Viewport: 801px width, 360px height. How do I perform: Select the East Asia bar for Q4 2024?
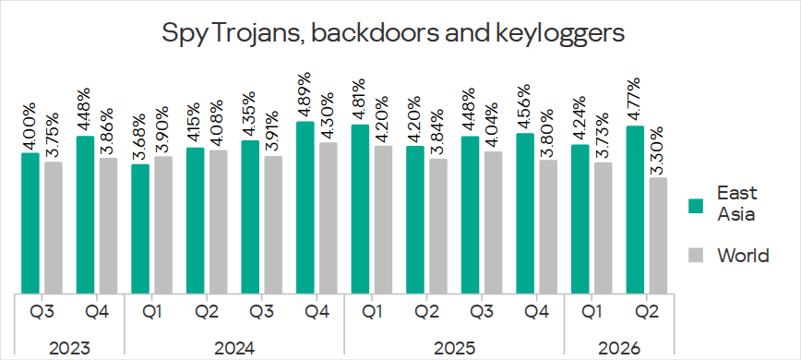pyautogui.click(x=305, y=208)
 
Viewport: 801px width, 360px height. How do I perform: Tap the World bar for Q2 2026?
pyautogui.click(x=658, y=236)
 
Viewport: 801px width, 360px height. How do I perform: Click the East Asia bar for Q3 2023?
pyautogui.click(x=30, y=223)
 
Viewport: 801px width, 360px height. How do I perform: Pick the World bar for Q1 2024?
pyautogui.click(x=163, y=225)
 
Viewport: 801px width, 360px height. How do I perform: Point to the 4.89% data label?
pyautogui.click(x=305, y=95)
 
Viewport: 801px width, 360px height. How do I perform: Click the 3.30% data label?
pyautogui.click(x=658, y=151)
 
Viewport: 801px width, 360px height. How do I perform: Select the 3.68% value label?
pyautogui.click(x=139, y=138)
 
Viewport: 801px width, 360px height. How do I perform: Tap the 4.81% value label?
pyautogui.click(x=360, y=99)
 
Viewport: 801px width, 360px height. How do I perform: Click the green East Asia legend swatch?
pyautogui.click(x=696, y=206)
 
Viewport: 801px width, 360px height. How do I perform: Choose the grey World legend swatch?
pyautogui.click(x=696, y=256)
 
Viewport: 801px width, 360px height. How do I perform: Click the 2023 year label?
pyautogui.click(x=69, y=349)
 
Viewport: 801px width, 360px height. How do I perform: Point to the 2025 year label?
pyautogui.click(x=454, y=349)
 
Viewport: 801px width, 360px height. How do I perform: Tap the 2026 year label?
pyautogui.click(x=619, y=349)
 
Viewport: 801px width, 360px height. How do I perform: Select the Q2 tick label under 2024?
pyautogui.click(x=207, y=311)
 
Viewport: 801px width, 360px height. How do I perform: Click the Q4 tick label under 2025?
pyautogui.click(x=537, y=311)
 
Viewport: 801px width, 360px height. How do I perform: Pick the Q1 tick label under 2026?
pyautogui.click(x=592, y=311)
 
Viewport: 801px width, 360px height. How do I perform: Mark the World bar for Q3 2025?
pyautogui.click(x=493, y=223)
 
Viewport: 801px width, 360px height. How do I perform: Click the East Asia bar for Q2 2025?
pyautogui.click(x=415, y=220)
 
